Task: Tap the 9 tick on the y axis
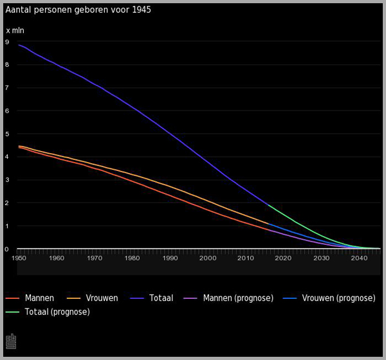point(7,42)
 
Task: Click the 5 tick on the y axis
point(7,134)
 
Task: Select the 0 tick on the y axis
point(7,249)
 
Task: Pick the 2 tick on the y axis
point(7,203)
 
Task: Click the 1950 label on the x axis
point(19,258)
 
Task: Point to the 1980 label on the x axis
point(133,258)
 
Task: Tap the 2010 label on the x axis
point(246,258)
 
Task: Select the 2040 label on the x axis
point(359,258)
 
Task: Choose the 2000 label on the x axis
point(208,258)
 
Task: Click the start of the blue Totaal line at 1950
point(19,45)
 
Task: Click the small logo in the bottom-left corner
point(10,340)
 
